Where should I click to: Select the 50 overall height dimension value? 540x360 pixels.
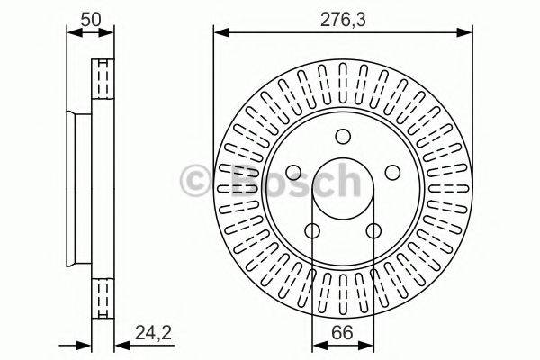pyautogui.click(x=91, y=17)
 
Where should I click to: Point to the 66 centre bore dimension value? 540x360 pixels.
pyautogui.click(x=342, y=331)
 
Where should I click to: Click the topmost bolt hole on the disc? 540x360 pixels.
pyautogui.click(x=343, y=136)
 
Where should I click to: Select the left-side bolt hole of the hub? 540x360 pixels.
pyautogui.click(x=293, y=173)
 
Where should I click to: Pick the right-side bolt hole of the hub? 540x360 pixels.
pyautogui.click(x=392, y=173)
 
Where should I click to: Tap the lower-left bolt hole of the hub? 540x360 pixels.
pyautogui.click(x=312, y=231)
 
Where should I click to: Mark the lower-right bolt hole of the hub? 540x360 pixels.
pyautogui.click(x=373, y=231)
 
